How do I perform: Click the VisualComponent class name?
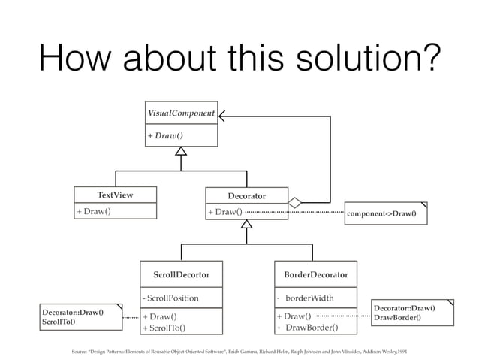(181, 113)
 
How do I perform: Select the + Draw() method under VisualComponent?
(166, 135)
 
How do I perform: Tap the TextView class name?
(115, 195)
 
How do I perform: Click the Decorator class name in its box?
(246, 195)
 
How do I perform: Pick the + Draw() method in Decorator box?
(225, 212)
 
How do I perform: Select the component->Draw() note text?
(382, 213)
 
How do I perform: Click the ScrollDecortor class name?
(181, 274)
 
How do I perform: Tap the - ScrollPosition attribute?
(173, 298)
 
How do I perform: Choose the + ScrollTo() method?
(164, 328)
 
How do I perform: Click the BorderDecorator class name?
(315, 274)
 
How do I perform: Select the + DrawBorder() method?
(308, 328)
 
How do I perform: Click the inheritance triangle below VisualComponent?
(181, 150)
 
